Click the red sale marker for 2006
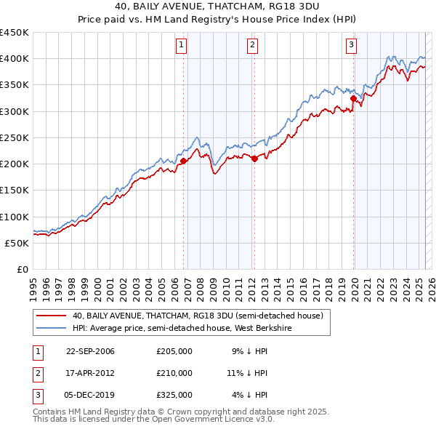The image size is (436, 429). [184, 161]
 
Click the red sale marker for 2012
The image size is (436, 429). [255, 159]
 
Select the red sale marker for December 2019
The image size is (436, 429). [353, 98]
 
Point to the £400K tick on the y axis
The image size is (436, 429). [15, 59]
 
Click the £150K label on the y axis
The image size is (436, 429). [15, 191]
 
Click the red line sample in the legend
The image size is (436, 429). [50, 316]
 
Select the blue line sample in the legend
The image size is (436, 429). [50, 328]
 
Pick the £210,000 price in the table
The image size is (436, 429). [174, 373]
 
